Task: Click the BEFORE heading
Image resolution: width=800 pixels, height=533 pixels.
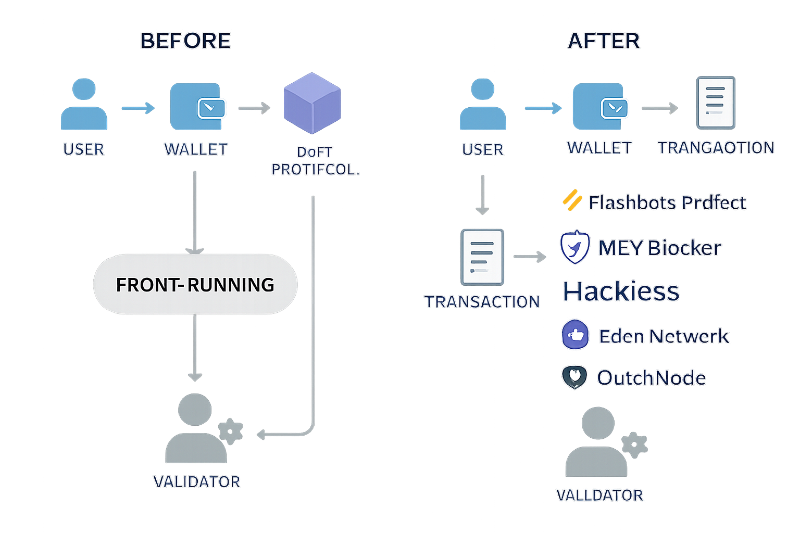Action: coord(185,41)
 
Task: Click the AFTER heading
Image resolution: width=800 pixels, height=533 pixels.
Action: coord(604,41)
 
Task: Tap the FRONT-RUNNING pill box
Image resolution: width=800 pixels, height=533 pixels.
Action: coord(195,284)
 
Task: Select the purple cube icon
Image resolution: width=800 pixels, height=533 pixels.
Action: coord(312,103)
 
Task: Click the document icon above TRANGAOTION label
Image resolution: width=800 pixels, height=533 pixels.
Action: coord(716,102)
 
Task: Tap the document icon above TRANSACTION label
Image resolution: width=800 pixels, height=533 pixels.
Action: coord(482,257)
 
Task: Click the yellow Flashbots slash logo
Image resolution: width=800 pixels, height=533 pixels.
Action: coord(572,200)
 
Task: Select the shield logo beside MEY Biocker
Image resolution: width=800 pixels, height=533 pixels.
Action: coord(575,247)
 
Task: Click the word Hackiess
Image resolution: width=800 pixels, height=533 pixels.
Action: coord(621,291)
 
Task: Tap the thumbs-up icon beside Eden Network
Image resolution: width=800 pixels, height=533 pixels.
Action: coord(576,335)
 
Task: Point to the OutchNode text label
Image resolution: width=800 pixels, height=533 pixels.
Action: coord(652,378)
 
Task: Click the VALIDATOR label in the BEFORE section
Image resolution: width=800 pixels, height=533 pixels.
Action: coord(197,482)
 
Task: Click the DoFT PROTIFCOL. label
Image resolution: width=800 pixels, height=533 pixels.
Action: coord(316,161)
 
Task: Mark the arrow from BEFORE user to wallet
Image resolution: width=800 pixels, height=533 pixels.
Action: coord(138,108)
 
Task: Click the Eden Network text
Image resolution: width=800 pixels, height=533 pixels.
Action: coord(664,336)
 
